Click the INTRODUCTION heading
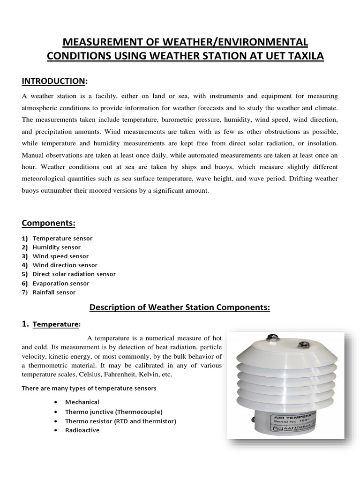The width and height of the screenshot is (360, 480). coord(54,81)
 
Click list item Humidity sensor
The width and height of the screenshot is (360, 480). coord(57,247)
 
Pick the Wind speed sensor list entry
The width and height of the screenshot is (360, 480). coord(60,256)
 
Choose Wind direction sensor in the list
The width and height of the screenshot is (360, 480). coord(65,265)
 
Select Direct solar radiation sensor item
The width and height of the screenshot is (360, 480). coord(74,274)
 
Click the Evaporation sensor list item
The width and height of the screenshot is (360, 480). coord(61,283)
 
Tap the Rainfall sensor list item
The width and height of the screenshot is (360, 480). coord(54,292)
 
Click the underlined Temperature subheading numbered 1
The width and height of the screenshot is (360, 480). coord(56,324)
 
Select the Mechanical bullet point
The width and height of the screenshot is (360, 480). coord(82,402)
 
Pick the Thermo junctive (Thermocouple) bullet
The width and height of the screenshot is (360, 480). coord(114,412)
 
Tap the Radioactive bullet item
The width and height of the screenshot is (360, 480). coord(82,430)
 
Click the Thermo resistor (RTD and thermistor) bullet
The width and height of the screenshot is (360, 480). coord(121,421)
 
